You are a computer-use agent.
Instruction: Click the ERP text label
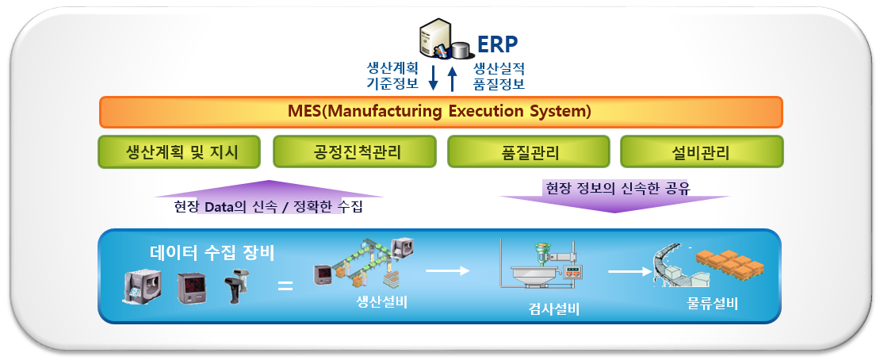[x=498, y=44]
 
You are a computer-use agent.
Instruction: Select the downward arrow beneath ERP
[x=434, y=78]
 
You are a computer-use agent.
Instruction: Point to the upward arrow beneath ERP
[x=453, y=78]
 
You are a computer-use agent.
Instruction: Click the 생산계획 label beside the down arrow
[x=392, y=68]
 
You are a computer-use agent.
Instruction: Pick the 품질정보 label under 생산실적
[x=499, y=84]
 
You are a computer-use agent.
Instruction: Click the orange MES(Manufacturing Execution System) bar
[x=441, y=112]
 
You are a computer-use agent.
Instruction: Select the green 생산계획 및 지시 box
[x=179, y=151]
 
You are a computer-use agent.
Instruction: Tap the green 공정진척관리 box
[x=354, y=151]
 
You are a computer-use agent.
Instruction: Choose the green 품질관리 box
[x=528, y=151]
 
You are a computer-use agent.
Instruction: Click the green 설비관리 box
[x=702, y=151]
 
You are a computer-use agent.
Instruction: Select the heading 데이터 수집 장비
[x=212, y=253]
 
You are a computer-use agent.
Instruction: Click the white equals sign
[x=285, y=286]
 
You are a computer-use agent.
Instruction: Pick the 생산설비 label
[x=382, y=301]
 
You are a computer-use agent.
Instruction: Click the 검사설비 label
[x=553, y=309]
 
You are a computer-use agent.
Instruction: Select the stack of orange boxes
[x=729, y=264]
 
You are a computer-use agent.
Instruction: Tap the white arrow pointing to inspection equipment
[x=447, y=270]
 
